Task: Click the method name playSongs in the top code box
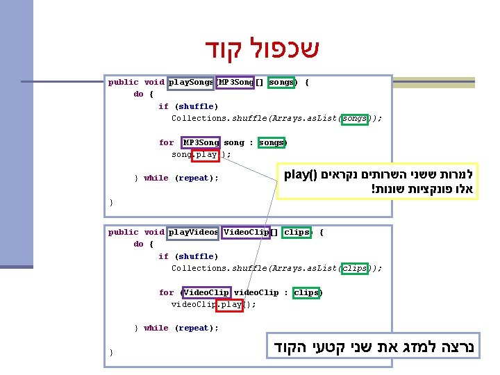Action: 191,82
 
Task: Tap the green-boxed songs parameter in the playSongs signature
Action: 281,82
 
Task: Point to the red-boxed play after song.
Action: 206,155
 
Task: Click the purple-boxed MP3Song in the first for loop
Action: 201,142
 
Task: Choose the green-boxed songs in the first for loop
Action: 272,142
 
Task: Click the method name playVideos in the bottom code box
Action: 193,232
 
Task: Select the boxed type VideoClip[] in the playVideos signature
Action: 250,232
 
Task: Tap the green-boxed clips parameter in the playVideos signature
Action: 296,232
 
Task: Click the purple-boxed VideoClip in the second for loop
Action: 206,292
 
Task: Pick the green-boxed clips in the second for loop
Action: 306,292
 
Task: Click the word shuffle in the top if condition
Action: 196,106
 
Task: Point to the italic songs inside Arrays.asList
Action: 355,118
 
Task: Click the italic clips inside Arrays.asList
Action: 355,268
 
